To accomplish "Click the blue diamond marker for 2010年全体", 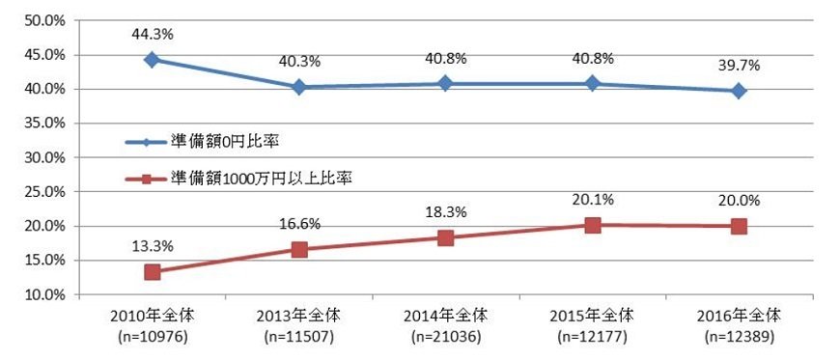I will (x=152, y=59).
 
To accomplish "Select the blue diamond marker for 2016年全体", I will (x=739, y=91).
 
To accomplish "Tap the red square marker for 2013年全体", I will (x=298, y=249).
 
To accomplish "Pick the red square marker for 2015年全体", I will (x=592, y=225).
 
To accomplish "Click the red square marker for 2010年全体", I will (x=152, y=272).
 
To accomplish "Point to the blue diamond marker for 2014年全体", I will (x=445, y=83).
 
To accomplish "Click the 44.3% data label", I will (x=152, y=34).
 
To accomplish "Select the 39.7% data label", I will (x=739, y=65).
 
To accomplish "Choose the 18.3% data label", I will (x=445, y=210).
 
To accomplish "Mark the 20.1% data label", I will (x=592, y=199).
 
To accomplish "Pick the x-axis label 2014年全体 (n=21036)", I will (x=445, y=326).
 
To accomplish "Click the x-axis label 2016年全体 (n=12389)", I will (x=739, y=326).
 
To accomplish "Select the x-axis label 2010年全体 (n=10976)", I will (x=152, y=326).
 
